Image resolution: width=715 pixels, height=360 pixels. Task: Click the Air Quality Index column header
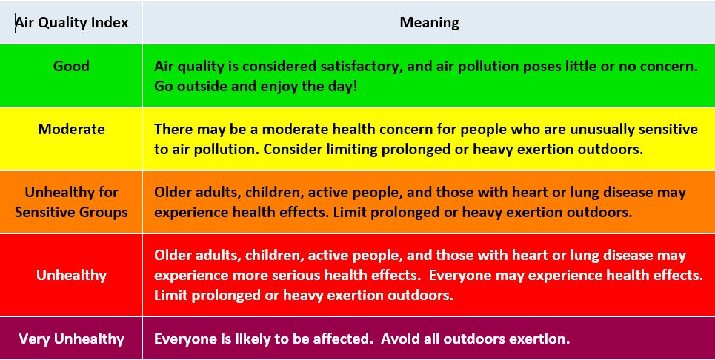72,22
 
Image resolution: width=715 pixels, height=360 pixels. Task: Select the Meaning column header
429,22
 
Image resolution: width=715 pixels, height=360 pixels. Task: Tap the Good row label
71,66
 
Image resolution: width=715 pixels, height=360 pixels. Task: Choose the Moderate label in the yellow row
71,129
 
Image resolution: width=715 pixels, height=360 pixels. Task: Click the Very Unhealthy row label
71,339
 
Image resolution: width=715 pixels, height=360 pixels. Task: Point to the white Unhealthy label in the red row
71,275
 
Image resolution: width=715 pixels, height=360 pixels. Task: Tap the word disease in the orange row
627,192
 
